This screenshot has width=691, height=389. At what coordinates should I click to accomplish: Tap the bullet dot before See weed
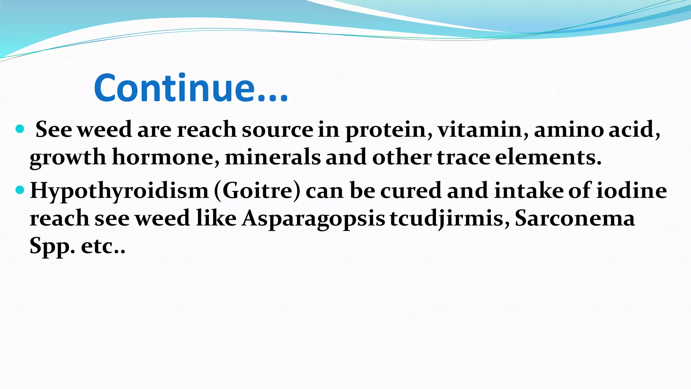pyautogui.click(x=20, y=129)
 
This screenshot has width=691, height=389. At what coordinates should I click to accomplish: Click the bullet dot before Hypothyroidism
pyautogui.click(x=20, y=190)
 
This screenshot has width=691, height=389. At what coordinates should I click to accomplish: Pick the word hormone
pyautogui.click(x=165, y=157)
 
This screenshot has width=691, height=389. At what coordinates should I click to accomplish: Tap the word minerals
pyautogui.click(x=273, y=157)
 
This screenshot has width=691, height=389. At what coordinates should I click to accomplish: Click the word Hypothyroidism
pyautogui.click(x=119, y=191)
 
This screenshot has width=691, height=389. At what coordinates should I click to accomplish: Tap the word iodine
pyautogui.click(x=631, y=190)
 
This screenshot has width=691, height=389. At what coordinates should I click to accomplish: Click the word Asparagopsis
pyautogui.click(x=313, y=219)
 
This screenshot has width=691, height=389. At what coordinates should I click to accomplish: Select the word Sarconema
pyautogui.click(x=575, y=218)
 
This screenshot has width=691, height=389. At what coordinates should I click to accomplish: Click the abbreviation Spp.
pyautogui.click(x=52, y=247)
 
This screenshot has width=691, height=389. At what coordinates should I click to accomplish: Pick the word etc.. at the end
pyautogui.click(x=103, y=247)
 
